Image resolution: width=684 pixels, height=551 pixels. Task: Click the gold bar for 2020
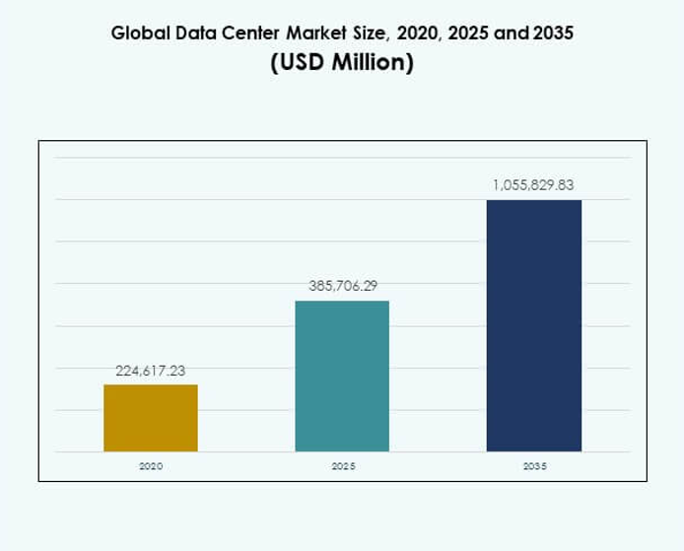pyautogui.click(x=151, y=418)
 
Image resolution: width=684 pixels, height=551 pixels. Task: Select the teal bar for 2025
pyautogui.click(x=342, y=376)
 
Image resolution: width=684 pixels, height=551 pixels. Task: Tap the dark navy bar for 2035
pyautogui.click(x=534, y=325)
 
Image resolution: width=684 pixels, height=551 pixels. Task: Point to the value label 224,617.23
pyautogui.click(x=151, y=371)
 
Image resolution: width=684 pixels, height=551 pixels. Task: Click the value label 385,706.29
pyautogui.click(x=342, y=286)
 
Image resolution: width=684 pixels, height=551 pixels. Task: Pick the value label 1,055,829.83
pyautogui.click(x=533, y=184)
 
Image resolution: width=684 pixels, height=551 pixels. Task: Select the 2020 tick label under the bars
pyautogui.click(x=151, y=465)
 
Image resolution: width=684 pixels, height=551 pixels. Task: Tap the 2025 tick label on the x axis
pyautogui.click(x=342, y=465)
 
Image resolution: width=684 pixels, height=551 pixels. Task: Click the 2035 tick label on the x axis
pyautogui.click(x=534, y=465)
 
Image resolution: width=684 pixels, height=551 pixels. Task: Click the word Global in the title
pyautogui.click(x=139, y=33)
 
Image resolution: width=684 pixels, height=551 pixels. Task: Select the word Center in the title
pyautogui.click(x=246, y=33)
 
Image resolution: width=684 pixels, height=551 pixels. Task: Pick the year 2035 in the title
pyautogui.click(x=552, y=33)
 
